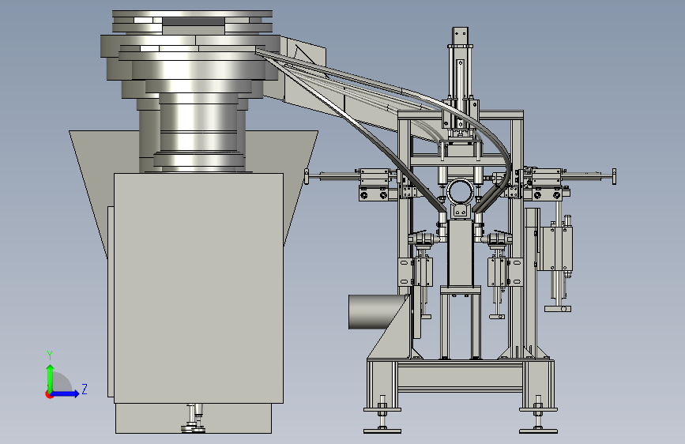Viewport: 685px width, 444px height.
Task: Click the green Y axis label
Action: (x=50, y=356)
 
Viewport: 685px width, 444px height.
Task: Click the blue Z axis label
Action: (x=85, y=389)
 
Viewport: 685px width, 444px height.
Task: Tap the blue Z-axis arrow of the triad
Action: (x=66, y=393)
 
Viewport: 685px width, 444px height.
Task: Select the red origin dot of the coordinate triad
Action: (x=49, y=394)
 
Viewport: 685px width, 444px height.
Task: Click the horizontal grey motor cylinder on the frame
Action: (x=377, y=311)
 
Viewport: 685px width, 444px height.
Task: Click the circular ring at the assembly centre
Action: (x=460, y=191)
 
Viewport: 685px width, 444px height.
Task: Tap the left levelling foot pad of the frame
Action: (x=382, y=431)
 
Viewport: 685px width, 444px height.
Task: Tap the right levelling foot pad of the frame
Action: (x=538, y=431)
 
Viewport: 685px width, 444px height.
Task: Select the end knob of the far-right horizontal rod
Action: (x=614, y=176)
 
